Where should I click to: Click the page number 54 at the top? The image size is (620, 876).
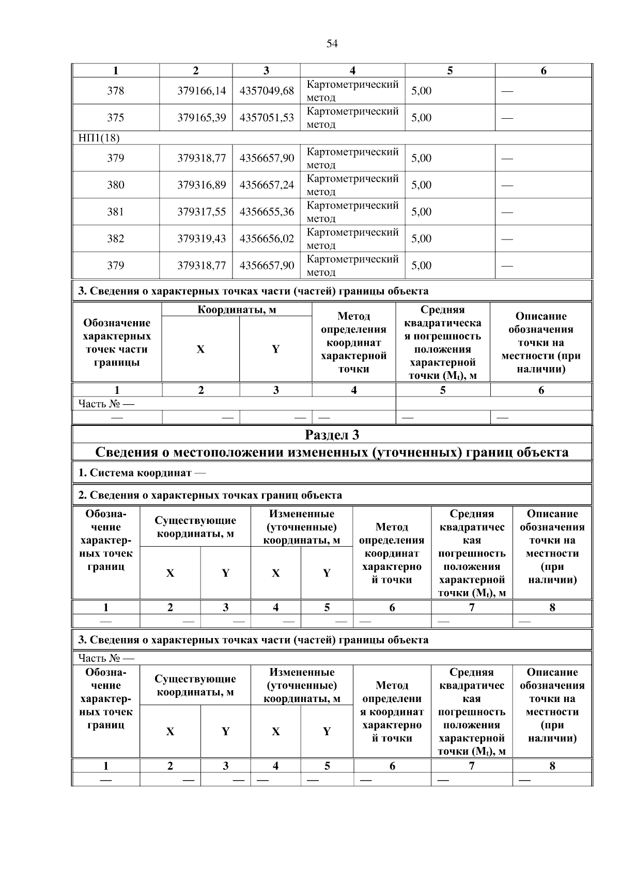pos(332,44)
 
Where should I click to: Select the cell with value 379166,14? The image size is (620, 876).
pos(202,91)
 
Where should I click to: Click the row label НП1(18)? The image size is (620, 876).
pos(99,138)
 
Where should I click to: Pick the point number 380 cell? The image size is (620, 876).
pos(115,185)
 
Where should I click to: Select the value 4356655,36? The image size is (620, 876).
pos(267,212)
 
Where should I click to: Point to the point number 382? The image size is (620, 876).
pos(115,238)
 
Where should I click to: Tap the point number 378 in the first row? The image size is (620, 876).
pos(115,91)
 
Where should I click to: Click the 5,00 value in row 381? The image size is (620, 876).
pos(421,212)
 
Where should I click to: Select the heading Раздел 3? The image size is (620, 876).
pos(332,435)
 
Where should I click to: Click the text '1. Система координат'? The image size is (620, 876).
pos(135,473)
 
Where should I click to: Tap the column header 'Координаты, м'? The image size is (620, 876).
pos(237,310)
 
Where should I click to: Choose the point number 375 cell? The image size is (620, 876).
pos(115,118)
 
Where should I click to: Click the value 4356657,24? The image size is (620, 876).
pos(267,185)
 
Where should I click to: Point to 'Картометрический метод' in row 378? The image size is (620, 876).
pos(352,91)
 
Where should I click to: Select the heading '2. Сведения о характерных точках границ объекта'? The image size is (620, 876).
pos(210,496)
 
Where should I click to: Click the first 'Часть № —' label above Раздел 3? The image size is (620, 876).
pos(105,404)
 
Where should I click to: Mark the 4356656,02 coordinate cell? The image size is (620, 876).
pos(267,238)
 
